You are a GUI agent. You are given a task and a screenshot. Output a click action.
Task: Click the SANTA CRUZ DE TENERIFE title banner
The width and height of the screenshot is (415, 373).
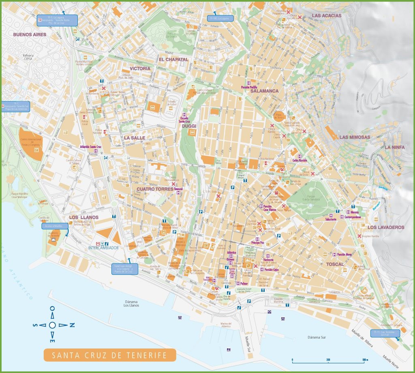point(110,355)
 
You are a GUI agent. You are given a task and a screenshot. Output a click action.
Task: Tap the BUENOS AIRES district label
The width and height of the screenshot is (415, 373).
point(30,34)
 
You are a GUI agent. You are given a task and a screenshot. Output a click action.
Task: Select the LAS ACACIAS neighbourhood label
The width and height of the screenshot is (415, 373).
point(326,16)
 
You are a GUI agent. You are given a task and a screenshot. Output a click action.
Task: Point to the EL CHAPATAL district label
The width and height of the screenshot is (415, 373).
point(173,59)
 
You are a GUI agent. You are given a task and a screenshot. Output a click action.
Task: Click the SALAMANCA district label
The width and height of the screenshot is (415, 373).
point(264,91)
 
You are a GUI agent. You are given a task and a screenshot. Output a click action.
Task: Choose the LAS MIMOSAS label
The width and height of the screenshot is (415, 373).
point(355,137)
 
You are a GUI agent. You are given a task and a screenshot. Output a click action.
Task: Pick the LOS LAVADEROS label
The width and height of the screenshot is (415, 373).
point(386,227)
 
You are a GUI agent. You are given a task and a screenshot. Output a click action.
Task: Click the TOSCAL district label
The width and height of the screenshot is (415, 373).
point(334,264)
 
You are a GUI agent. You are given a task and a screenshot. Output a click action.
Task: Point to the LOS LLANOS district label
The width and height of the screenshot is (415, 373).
point(83,217)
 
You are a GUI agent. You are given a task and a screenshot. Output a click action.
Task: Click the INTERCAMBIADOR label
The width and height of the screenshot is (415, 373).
point(103,247)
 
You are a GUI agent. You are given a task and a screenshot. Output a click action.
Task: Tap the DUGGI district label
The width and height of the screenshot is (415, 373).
point(189,126)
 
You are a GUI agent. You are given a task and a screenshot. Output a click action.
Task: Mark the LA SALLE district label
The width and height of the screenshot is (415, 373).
point(135,138)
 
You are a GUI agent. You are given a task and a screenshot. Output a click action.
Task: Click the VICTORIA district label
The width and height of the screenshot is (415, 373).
point(140,69)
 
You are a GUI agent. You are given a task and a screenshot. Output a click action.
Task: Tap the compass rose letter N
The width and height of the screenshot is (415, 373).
point(72,324)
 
